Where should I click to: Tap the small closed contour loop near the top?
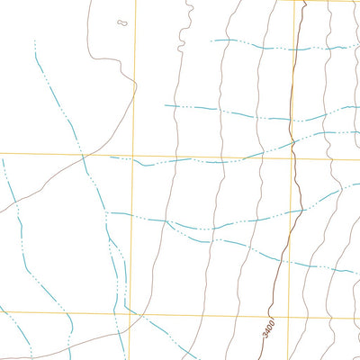[x=122, y=22]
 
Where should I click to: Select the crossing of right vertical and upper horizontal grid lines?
[x=293, y=158]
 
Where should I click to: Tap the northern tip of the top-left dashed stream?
[x=34, y=40]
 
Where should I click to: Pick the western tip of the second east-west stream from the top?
[x=165, y=106]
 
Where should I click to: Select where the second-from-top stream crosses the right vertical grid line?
[x=293, y=118]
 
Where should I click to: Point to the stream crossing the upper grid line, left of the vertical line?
[x=84, y=154]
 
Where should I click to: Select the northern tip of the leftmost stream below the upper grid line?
[x=3, y=160]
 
